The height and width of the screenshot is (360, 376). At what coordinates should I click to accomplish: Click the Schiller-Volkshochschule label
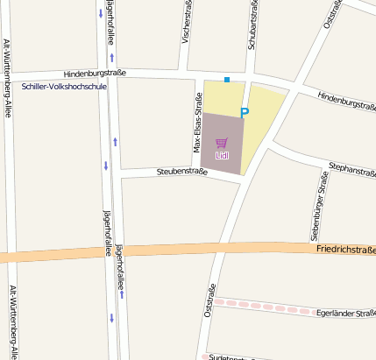pyautogui.click(x=63, y=88)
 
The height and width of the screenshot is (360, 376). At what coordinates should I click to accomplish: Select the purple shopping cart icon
pyautogui.click(x=222, y=143)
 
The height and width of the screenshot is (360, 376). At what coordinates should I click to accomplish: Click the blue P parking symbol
pyautogui.click(x=245, y=112)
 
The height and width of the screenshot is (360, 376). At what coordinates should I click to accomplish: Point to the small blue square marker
pyautogui.click(x=227, y=80)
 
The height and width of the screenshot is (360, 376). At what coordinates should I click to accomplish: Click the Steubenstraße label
pyautogui.click(x=181, y=172)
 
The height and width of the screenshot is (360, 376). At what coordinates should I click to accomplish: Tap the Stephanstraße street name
pyautogui.click(x=351, y=168)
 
